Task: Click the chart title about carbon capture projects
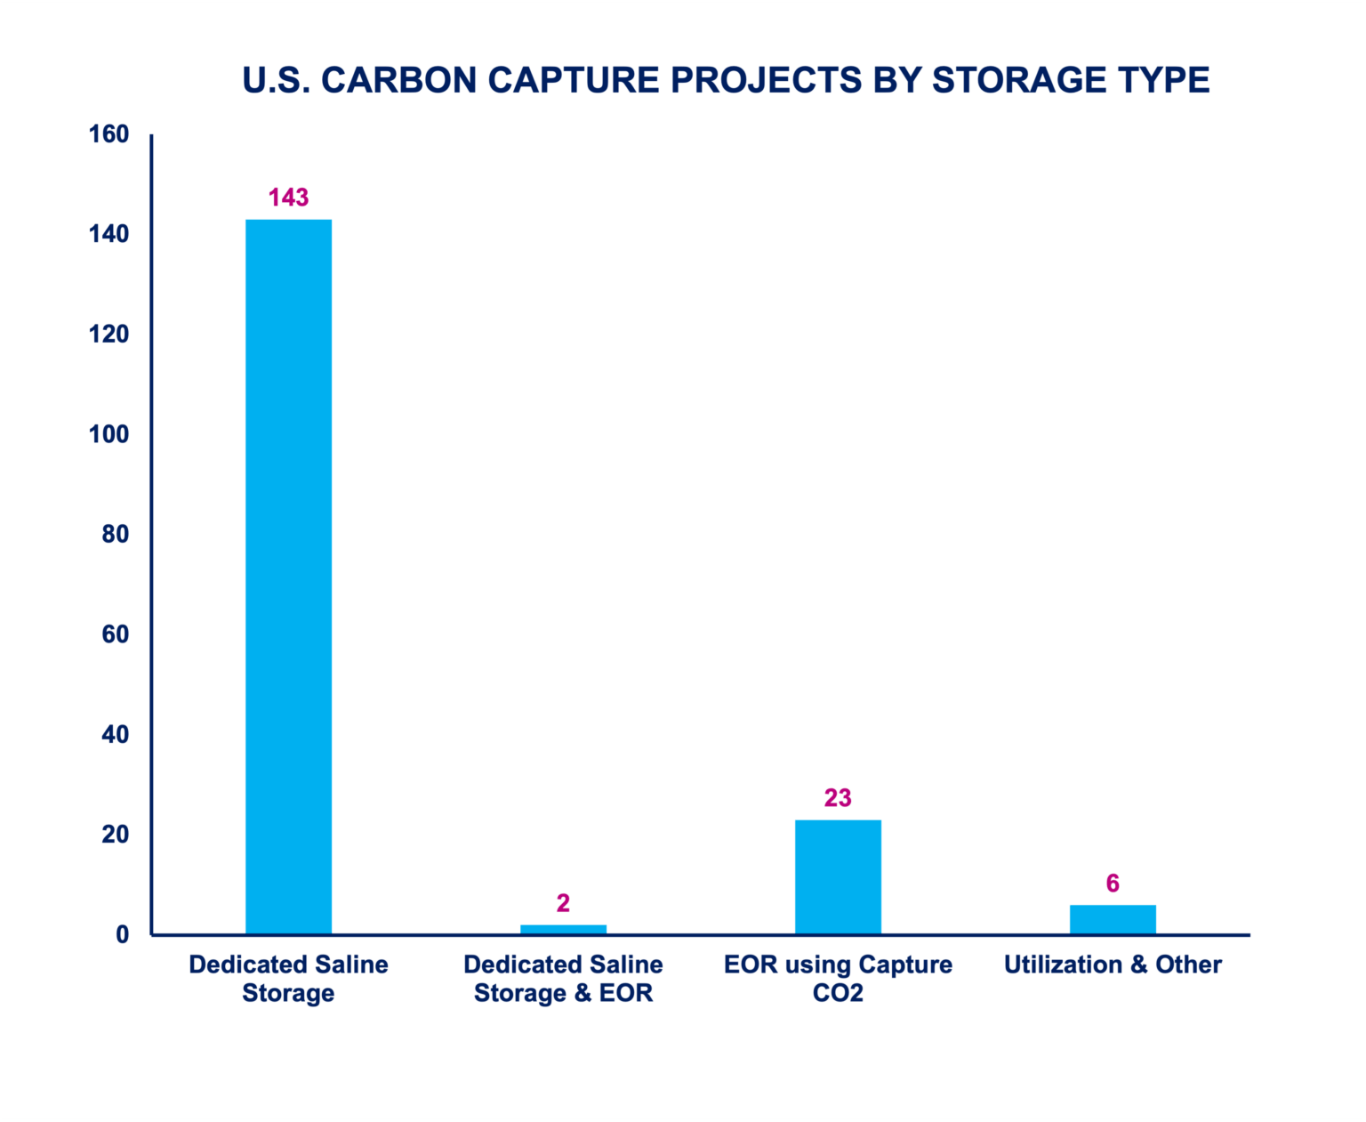point(726,80)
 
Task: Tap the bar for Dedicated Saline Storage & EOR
point(563,929)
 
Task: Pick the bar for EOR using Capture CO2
point(838,876)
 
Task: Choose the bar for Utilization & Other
point(1113,919)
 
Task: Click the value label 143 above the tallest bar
point(288,198)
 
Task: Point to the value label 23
point(838,798)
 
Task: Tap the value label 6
point(1113,884)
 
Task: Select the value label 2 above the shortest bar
point(563,903)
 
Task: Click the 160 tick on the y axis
point(108,134)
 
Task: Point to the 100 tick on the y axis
point(108,434)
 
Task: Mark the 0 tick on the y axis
point(122,934)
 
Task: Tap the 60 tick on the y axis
point(115,634)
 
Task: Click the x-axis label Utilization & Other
point(1113,965)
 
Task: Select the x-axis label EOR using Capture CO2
point(838,979)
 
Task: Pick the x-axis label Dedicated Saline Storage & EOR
point(563,979)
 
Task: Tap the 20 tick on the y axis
point(115,835)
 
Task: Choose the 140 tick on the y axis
point(108,234)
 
